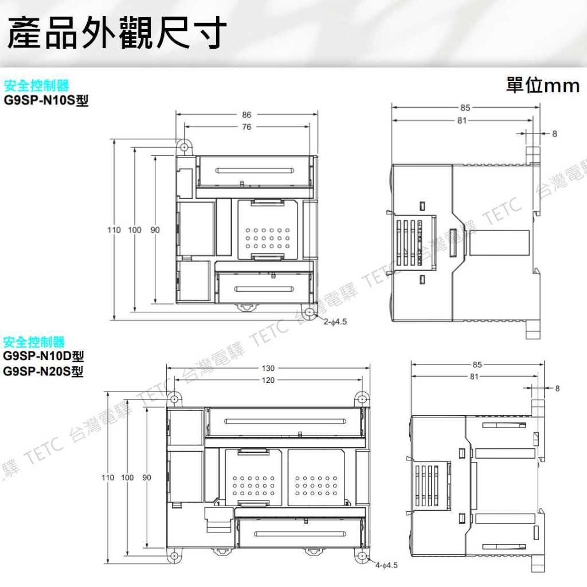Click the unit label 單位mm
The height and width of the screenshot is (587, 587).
pyautogui.click(x=543, y=86)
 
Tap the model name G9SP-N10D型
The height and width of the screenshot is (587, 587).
pyautogui.click(x=43, y=357)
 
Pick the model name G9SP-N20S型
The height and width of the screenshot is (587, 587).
pyautogui.click(x=43, y=371)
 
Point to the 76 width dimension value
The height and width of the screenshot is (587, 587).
pyautogui.click(x=246, y=127)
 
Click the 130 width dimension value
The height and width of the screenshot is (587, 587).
pyautogui.click(x=268, y=368)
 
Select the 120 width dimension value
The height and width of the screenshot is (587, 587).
pyautogui.click(x=268, y=380)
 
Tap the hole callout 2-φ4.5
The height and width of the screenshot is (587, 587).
pyautogui.click(x=335, y=322)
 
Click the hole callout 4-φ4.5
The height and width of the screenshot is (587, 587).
pyautogui.click(x=386, y=565)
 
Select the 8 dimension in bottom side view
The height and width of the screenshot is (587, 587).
pyautogui.click(x=557, y=388)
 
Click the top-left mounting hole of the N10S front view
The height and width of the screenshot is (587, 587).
pyautogui.click(x=184, y=147)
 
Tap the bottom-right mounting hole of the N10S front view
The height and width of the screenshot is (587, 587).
pyautogui.click(x=310, y=313)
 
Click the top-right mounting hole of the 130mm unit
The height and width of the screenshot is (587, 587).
pyautogui.click(x=361, y=400)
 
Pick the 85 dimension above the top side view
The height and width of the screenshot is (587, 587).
pyautogui.click(x=465, y=107)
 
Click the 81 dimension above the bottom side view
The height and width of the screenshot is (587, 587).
pyautogui.click(x=473, y=377)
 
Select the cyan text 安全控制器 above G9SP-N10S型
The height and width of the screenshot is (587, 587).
pyautogui.click(x=36, y=86)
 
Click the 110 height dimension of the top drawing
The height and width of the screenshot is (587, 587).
pyautogui.click(x=113, y=230)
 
